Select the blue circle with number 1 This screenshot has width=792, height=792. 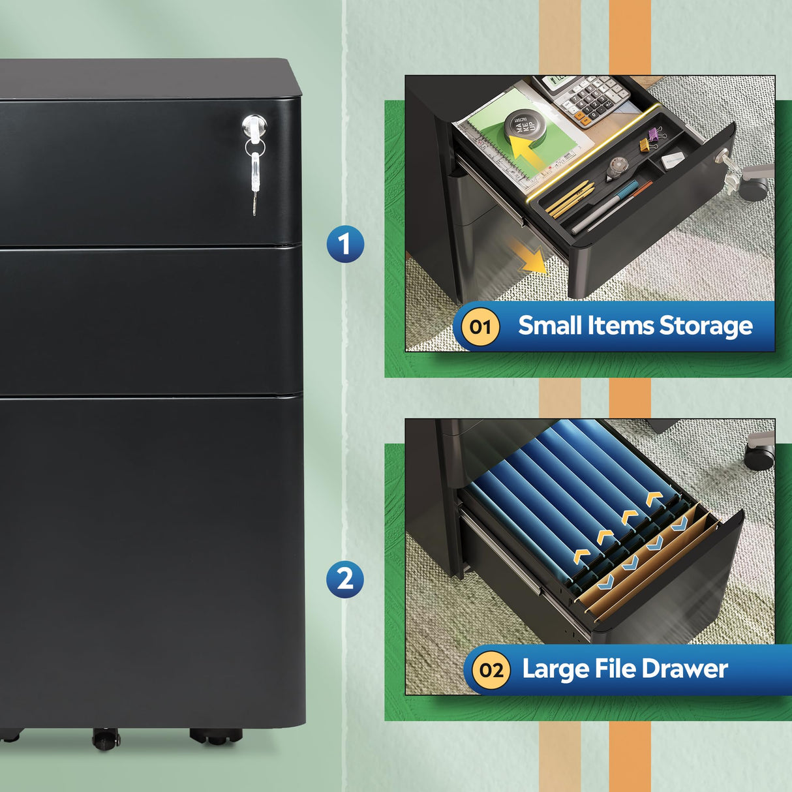[x=345, y=244]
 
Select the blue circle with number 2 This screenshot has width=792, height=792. [x=345, y=579]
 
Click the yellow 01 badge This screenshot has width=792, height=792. [x=480, y=326]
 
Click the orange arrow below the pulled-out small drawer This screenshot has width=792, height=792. [x=530, y=258]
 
